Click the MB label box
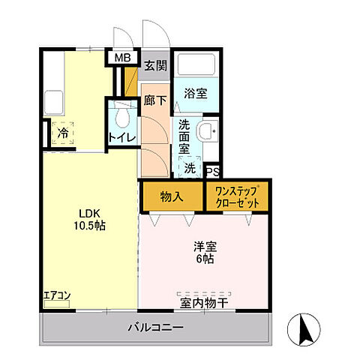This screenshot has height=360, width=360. pos(121,56)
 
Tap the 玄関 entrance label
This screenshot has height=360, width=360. pos(155,64)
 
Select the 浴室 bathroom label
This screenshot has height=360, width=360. pos(196,94)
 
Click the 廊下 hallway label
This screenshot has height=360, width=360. pos(155,100)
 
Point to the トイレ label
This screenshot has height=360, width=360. pos(121,137)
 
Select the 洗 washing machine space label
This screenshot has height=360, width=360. pos(190,169)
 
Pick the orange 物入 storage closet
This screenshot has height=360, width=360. pos(172,196)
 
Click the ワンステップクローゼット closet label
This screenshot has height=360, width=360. pos(236,196)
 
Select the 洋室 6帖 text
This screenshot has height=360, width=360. pos(203,251)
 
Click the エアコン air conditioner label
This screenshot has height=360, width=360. pos(57,295)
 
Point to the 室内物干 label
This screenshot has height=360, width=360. pos(204,303)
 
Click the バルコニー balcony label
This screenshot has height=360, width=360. pos(154,327)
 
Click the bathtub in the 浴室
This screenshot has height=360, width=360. pos(196,64)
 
